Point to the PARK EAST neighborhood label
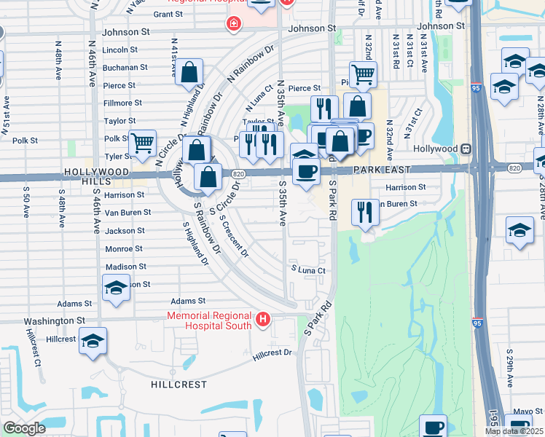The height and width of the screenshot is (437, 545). tap(383, 169)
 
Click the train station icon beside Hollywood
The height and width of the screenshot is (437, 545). tap(465, 149)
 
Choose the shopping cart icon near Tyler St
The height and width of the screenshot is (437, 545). tap(142, 143)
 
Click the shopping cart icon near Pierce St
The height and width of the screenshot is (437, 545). tap(362, 73)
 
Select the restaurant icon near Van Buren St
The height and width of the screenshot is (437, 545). tap(364, 211)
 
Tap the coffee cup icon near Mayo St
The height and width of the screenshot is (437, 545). tap(434, 426)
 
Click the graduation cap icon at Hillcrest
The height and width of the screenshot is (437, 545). tap(93, 342)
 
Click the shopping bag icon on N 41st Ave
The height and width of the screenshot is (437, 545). tap(189, 73)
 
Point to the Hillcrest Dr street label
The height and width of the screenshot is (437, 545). tap(272, 353)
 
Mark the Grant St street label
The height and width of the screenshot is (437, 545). tap(168, 14)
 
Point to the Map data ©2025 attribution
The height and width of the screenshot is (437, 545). tap(514, 431)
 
